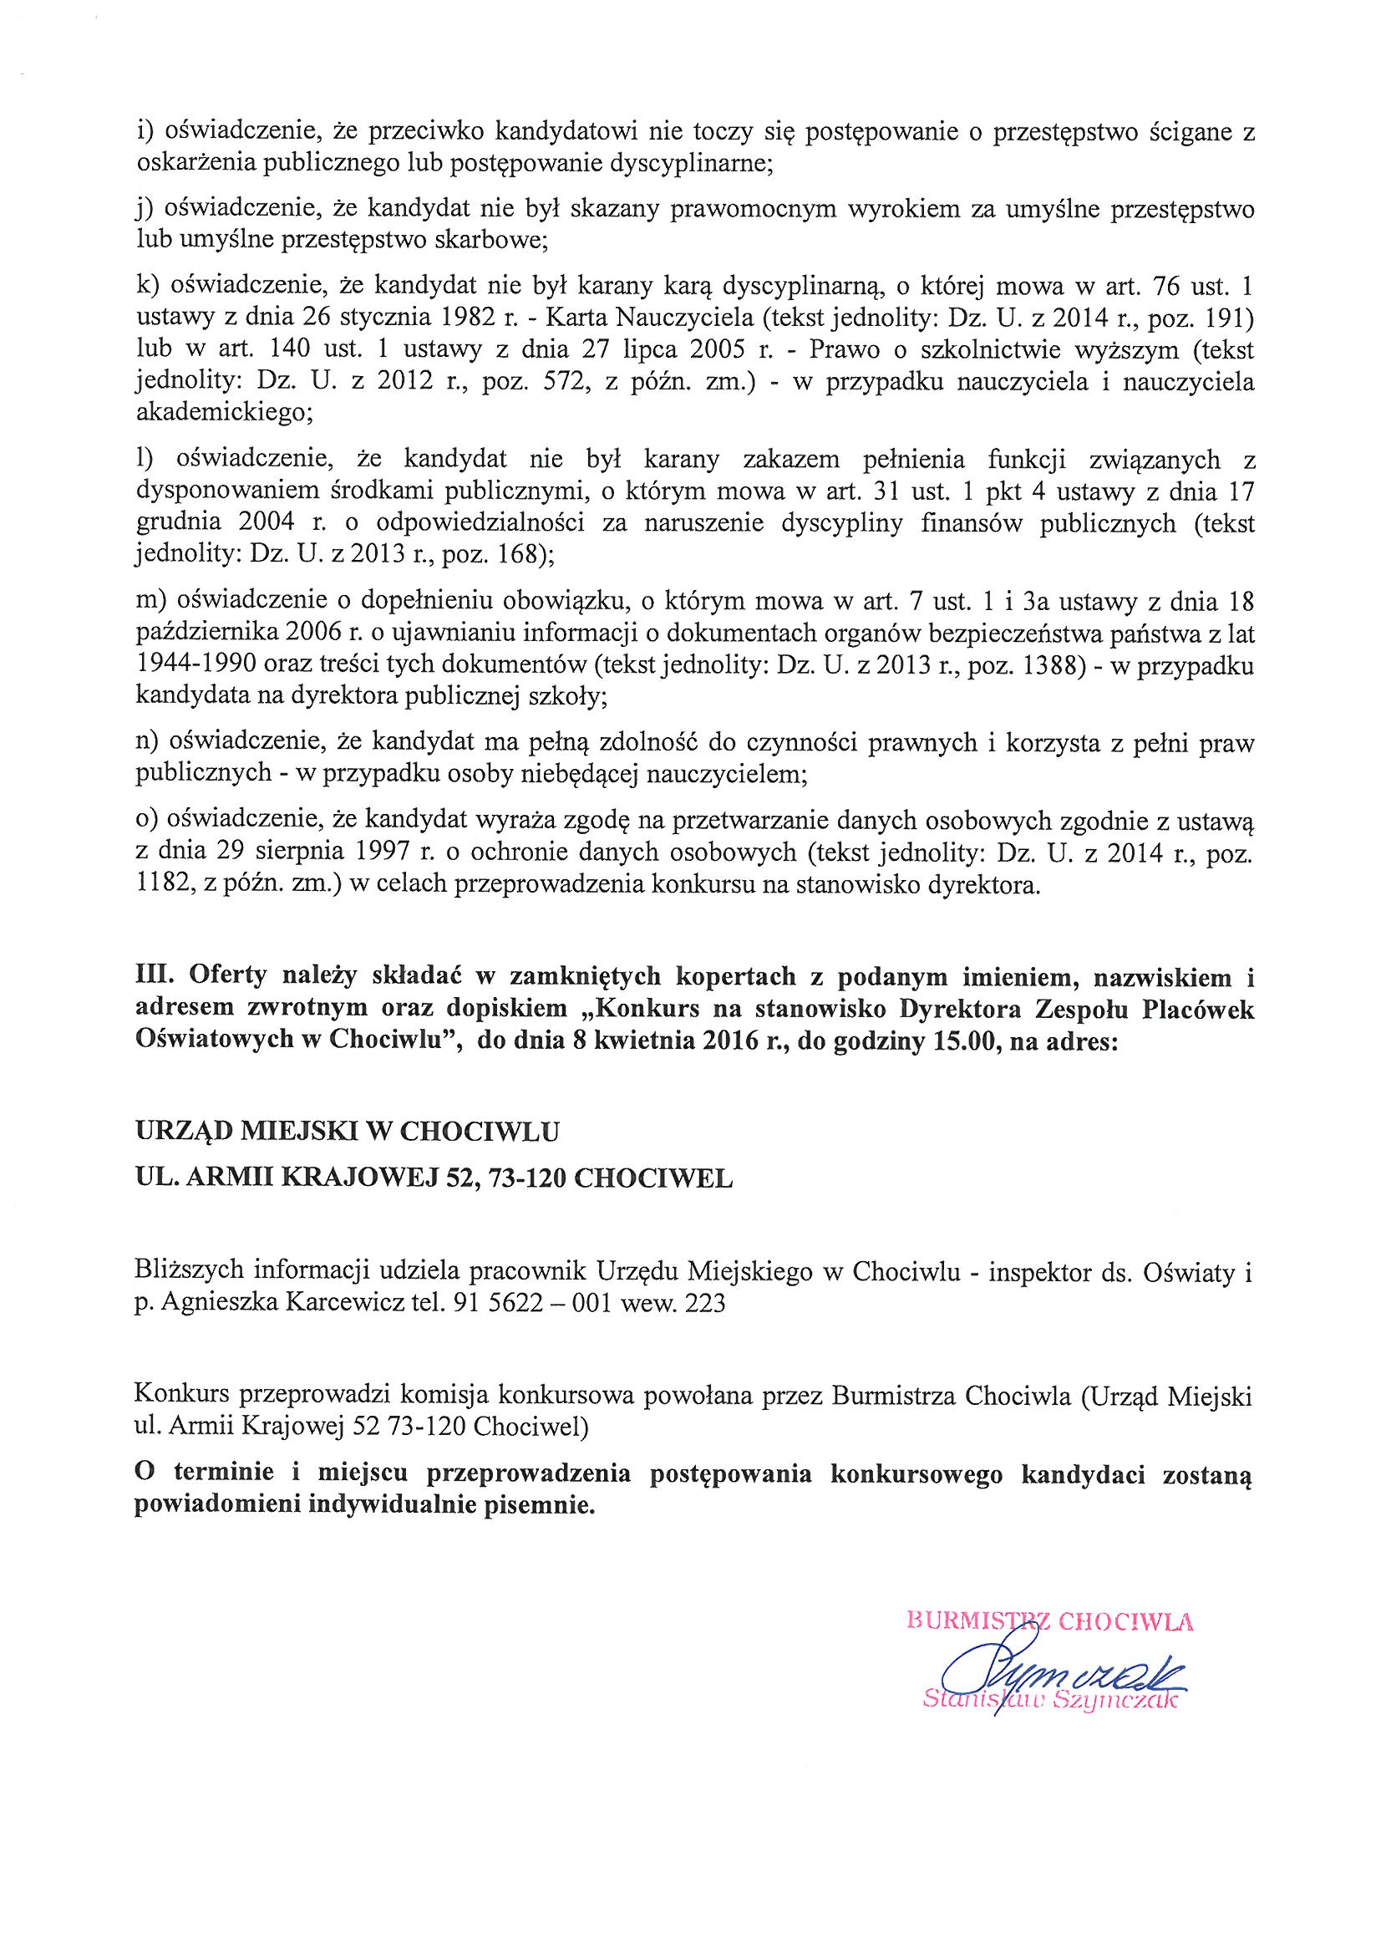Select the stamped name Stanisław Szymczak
[1052, 1701]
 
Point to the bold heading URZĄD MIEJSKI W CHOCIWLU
[348, 1132]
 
